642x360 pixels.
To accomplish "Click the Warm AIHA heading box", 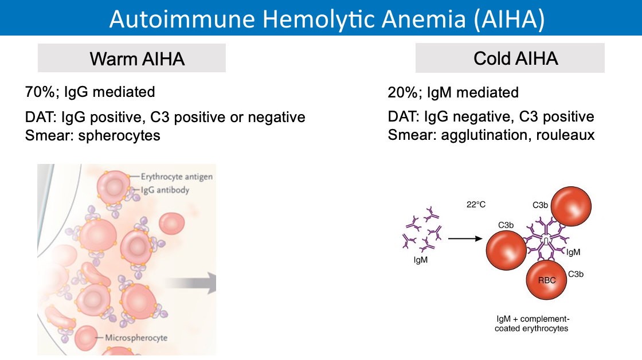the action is tap(131, 58).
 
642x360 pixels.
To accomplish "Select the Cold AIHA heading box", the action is tap(510, 58).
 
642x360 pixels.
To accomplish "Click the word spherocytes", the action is tap(119, 135).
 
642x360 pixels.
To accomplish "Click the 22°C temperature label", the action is tap(476, 205).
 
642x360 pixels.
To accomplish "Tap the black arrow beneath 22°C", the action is tap(465, 238).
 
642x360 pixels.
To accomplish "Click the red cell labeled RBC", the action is tap(546, 280).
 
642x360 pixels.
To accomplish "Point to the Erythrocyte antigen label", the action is tap(177, 177).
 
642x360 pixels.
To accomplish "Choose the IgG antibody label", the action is tap(165, 190).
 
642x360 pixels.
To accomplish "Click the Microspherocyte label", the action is tap(136, 338).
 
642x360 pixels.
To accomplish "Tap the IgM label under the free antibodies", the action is tap(421, 260).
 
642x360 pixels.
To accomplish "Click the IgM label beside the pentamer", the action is tap(573, 252).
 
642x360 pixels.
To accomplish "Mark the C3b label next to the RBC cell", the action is tap(576, 275).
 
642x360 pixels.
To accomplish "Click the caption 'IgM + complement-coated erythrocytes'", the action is tap(532, 323).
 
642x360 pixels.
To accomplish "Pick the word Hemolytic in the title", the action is tap(318, 19).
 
